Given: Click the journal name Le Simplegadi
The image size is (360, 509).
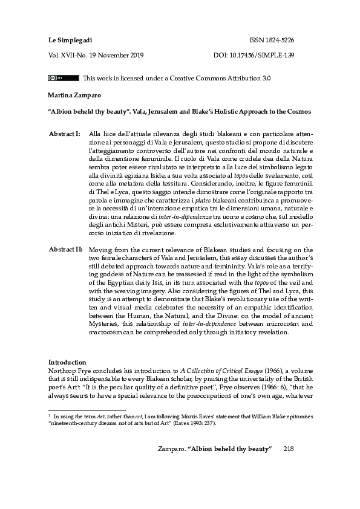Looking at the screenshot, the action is coord(67,40).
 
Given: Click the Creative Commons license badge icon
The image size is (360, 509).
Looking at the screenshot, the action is coord(63,78).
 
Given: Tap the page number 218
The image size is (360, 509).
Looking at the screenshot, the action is coord(289,447).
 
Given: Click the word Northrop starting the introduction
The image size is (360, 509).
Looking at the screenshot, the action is coord(62,371).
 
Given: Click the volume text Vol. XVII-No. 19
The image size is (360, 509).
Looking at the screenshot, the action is coord(75,55).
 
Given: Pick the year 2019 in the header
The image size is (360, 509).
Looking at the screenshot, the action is coord(152,55).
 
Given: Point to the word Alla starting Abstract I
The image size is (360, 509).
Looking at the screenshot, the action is coord(95,133).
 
